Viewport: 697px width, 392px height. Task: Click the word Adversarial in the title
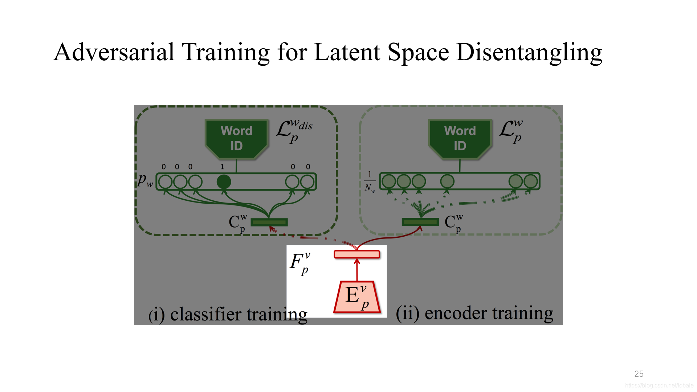(x=114, y=52)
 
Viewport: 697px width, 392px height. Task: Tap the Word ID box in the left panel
(x=236, y=138)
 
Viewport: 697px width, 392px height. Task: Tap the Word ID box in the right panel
(x=460, y=138)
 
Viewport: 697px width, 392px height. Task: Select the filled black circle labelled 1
(x=224, y=181)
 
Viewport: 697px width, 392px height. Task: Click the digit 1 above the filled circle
(x=222, y=167)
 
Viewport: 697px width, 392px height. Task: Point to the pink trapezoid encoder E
(x=357, y=297)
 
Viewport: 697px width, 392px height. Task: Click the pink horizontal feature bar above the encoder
(x=357, y=254)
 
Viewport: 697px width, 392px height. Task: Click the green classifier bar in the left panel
(x=269, y=222)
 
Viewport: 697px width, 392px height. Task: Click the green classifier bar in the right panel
(x=420, y=222)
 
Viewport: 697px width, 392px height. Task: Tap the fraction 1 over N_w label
(x=370, y=181)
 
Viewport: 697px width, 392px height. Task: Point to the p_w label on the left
(x=145, y=180)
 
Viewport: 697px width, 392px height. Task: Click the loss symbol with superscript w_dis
(x=293, y=131)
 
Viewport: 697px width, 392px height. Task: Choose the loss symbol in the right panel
(x=511, y=131)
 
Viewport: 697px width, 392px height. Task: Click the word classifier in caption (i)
(x=208, y=314)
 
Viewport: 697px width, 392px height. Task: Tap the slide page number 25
(x=639, y=374)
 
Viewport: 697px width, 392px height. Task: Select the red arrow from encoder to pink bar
(x=357, y=270)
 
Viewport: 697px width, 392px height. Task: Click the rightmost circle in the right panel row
(x=530, y=181)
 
